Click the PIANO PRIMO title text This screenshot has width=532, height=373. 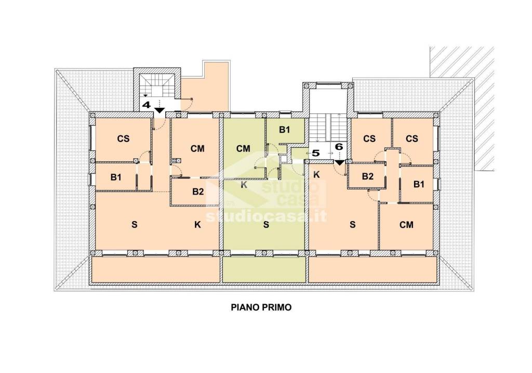click(261, 307)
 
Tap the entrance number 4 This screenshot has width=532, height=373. click(146, 105)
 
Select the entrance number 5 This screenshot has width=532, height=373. click(315, 153)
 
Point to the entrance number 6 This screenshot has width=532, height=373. click(339, 147)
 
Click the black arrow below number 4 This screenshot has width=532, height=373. click(159, 110)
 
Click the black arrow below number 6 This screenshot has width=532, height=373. click(339, 163)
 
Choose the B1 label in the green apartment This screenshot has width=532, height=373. click(284, 130)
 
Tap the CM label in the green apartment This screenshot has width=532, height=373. click(243, 148)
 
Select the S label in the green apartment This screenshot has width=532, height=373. click(266, 225)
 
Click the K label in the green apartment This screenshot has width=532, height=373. click(244, 185)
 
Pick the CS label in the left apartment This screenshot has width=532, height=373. click(123, 138)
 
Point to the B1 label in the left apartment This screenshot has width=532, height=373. click(116, 177)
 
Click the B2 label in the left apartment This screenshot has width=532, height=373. click(198, 191)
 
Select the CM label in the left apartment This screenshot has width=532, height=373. click(197, 148)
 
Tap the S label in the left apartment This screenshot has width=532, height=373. click(135, 225)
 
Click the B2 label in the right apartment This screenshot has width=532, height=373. click(368, 176)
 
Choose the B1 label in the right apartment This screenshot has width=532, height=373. click(419, 184)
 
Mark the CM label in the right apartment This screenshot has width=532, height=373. click(406, 225)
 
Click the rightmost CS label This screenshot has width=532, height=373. click(412, 138)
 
